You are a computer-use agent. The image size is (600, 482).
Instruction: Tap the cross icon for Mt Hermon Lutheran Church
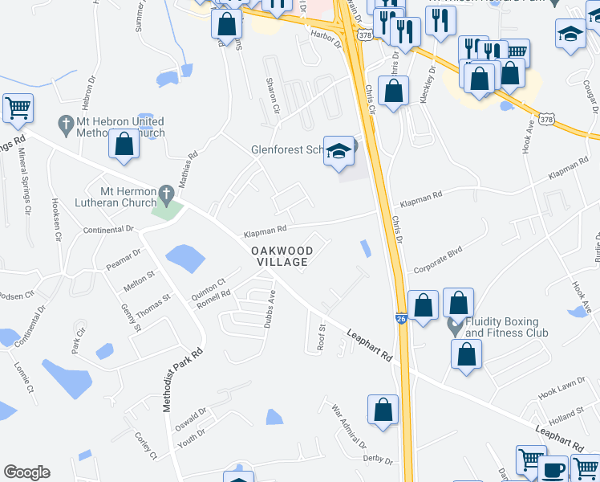point(166,193)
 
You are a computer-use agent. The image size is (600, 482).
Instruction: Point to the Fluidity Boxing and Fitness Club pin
point(456,327)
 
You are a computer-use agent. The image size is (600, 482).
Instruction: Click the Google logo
point(26,472)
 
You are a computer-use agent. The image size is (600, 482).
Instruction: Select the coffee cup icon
point(553,469)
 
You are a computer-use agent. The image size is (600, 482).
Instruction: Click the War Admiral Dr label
point(349,427)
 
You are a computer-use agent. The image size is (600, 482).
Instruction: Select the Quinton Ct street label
point(209,290)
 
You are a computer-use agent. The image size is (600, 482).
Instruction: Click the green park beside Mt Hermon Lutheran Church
point(168,210)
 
